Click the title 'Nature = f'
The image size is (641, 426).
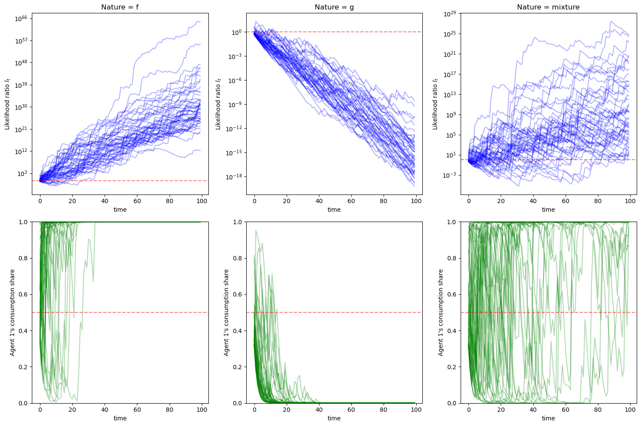[120, 7]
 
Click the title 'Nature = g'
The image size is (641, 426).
[334, 7]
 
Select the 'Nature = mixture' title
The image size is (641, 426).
[548, 7]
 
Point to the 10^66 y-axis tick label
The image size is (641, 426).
[22, 19]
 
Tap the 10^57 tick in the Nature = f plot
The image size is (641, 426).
[22, 40]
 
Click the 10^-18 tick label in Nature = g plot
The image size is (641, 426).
[234, 177]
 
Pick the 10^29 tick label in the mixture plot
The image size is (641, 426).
[450, 14]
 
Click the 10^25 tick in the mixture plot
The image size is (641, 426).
[450, 34]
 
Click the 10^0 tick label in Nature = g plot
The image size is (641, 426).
[237, 32]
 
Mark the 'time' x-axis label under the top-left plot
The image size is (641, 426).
[120, 210]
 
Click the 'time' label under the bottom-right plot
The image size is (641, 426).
[548, 418]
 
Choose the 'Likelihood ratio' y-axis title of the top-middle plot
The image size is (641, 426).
[218, 103]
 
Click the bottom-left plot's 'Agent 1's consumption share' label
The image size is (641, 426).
[12, 312]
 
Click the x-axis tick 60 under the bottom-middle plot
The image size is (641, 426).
[351, 410]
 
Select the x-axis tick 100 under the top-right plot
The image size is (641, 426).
[630, 201]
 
